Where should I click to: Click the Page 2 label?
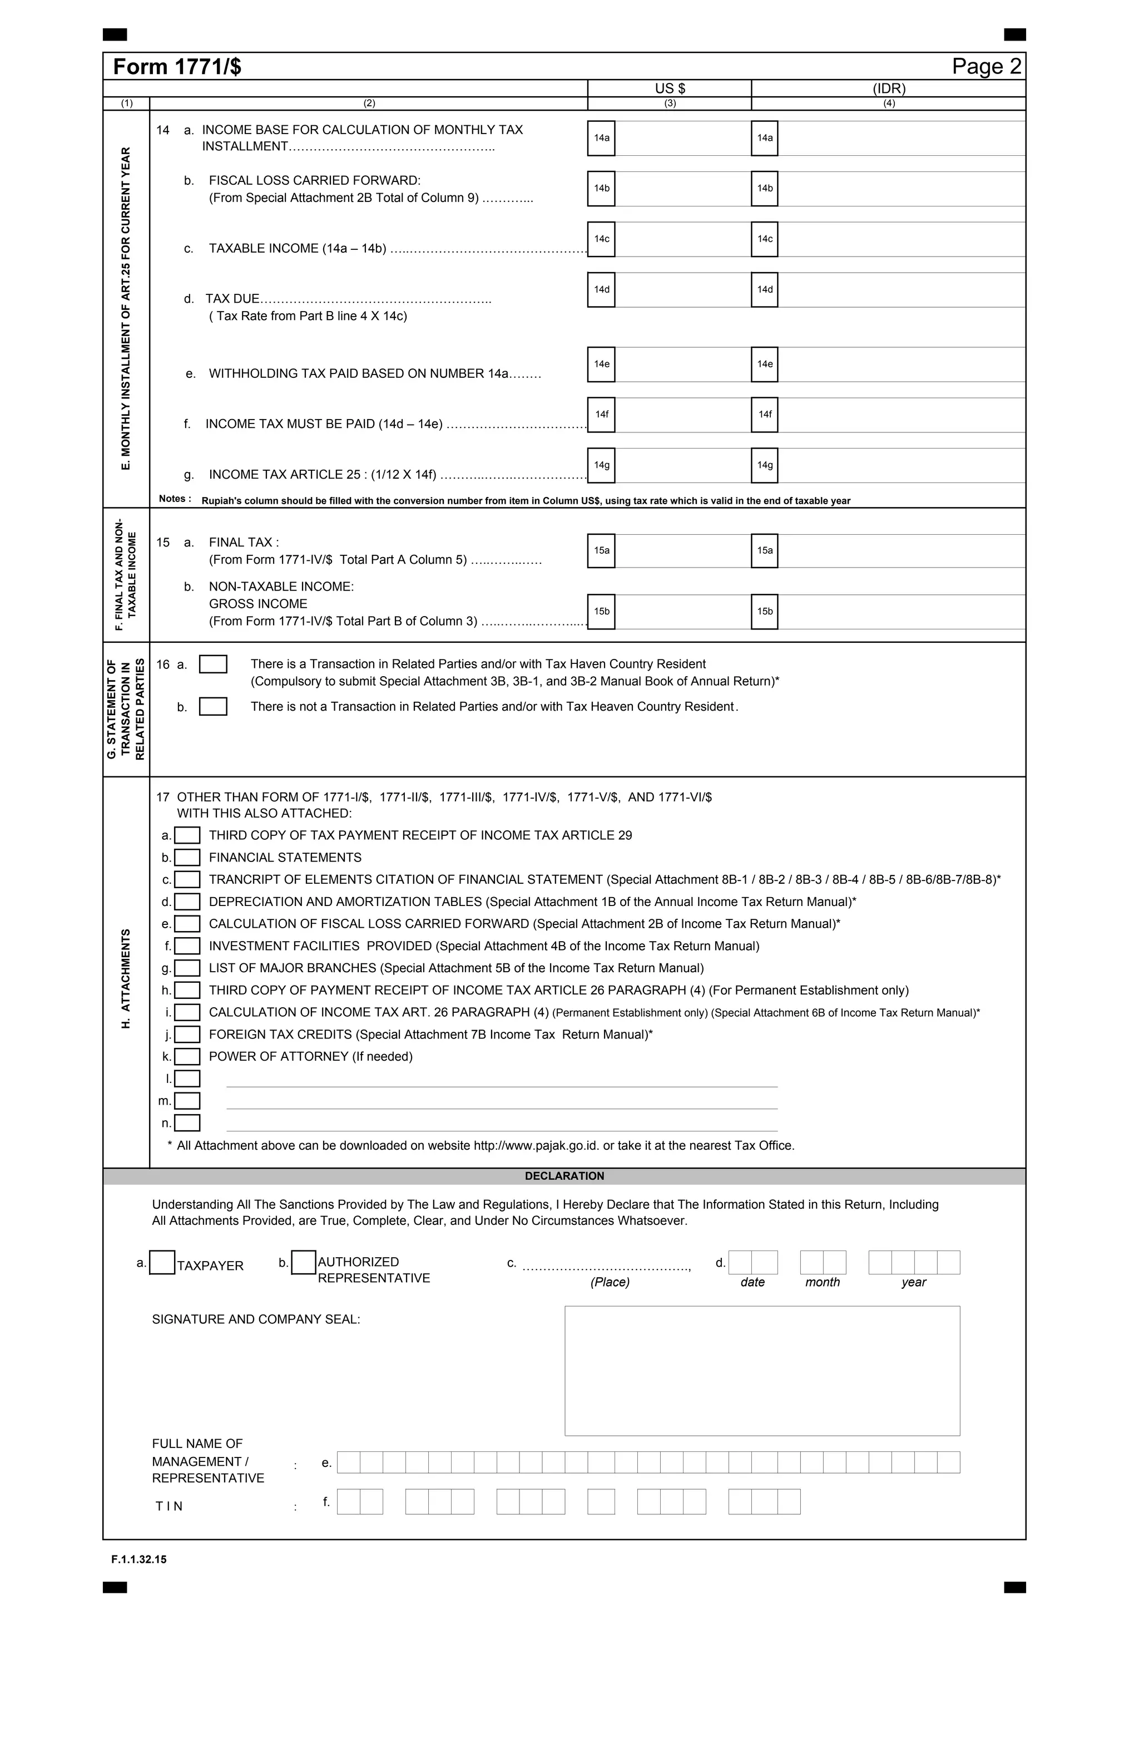[986, 67]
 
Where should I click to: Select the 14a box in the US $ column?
[601, 137]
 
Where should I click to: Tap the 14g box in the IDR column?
[764, 465]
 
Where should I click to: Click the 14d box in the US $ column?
[601, 289]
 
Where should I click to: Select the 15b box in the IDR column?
[764, 611]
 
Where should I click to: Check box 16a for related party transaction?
[213, 664]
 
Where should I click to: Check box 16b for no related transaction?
[213, 707]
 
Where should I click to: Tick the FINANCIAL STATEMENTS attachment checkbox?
[187, 858]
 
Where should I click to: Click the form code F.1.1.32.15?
[139, 1559]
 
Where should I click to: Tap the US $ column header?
[669, 88]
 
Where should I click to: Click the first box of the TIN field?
[349, 1502]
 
